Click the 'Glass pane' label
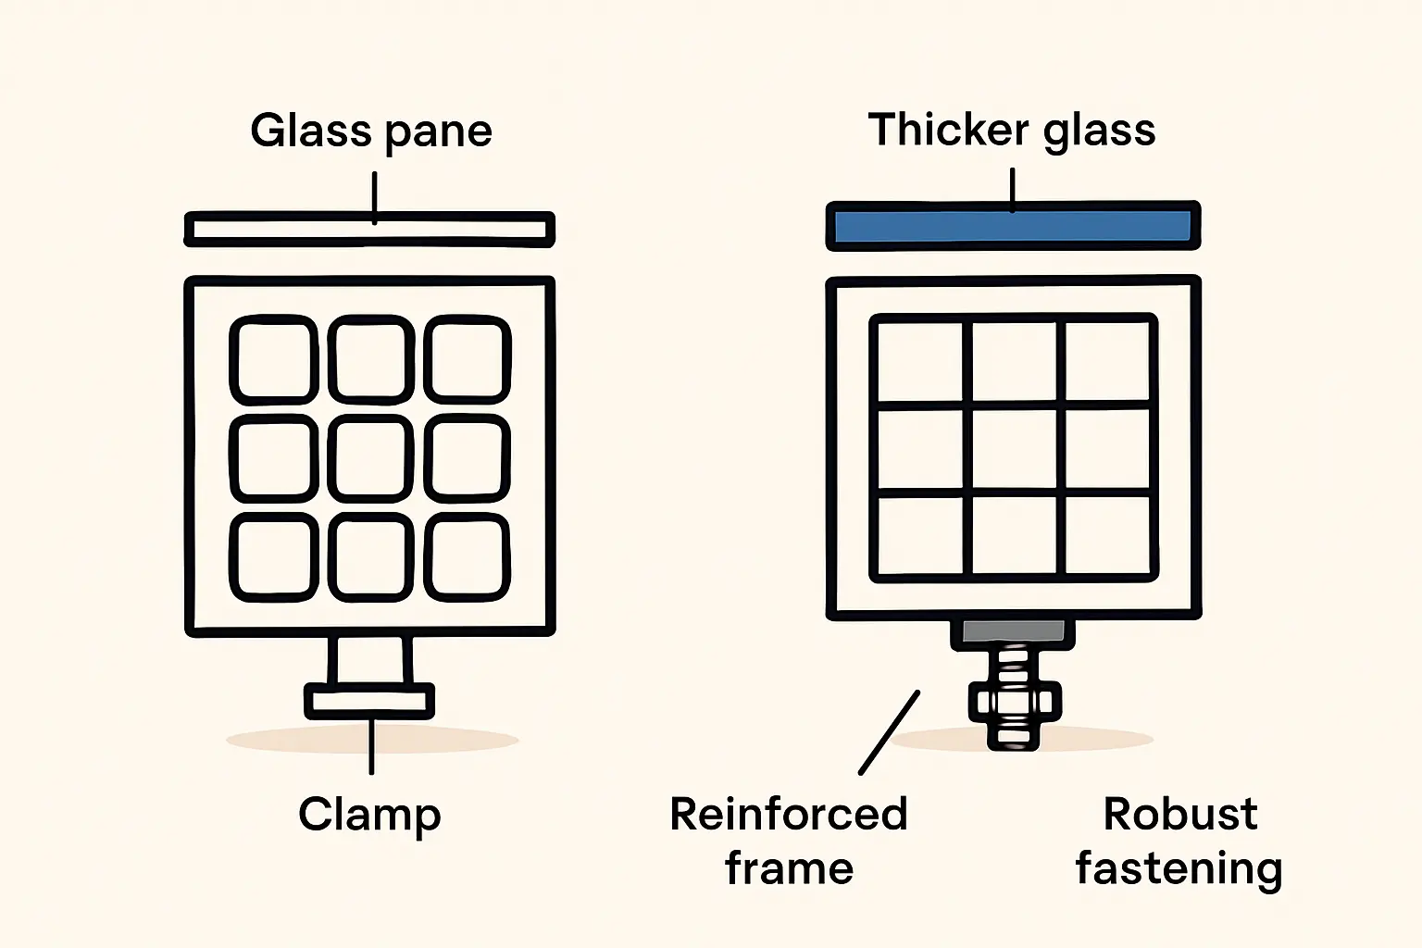pyautogui.click(x=370, y=131)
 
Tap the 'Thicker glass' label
pyautogui.click(x=1012, y=130)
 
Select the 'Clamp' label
pyautogui.click(x=369, y=815)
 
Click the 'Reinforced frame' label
pyautogui.click(x=789, y=841)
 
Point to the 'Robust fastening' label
pyautogui.click(x=1179, y=841)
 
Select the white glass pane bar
pyautogui.click(x=369, y=230)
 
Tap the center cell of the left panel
pyautogui.click(x=370, y=458)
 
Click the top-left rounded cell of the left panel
pyautogui.click(x=273, y=360)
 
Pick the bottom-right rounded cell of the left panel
pyautogui.click(x=468, y=557)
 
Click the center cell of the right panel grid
pyautogui.click(x=1014, y=449)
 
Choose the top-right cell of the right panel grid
pyautogui.click(x=1106, y=363)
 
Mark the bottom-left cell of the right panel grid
pyautogui.click(x=921, y=534)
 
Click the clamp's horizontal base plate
pyautogui.click(x=369, y=701)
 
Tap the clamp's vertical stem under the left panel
pyautogui.click(x=370, y=659)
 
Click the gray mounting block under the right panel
pyautogui.click(x=1013, y=631)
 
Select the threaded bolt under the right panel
pyautogui.click(x=1013, y=699)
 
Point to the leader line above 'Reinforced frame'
pyautogui.click(x=889, y=732)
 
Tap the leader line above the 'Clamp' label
pyautogui.click(x=371, y=746)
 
